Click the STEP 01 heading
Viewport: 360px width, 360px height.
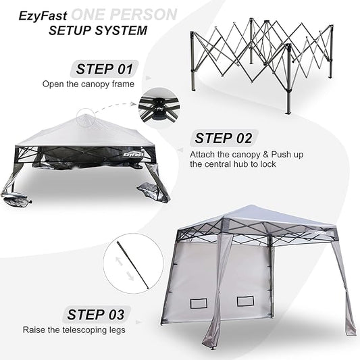[105, 69]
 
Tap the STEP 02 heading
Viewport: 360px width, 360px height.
[223, 138]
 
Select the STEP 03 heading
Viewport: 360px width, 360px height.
[95, 315]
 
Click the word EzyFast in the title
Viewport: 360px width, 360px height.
[43, 16]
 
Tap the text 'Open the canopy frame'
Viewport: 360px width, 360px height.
[88, 84]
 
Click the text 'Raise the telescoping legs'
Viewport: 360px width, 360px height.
[74, 330]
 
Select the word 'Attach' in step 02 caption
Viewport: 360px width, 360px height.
[202, 154]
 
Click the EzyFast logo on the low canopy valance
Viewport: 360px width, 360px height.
[133, 154]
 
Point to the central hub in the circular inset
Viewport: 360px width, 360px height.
[159, 107]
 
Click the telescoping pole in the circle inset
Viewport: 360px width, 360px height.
[132, 264]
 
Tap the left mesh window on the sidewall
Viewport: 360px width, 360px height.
[199, 303]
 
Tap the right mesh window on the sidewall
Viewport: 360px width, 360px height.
[245, 301]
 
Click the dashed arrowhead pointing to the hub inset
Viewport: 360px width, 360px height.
[133, 104]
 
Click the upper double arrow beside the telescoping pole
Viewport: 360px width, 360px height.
[119, 261]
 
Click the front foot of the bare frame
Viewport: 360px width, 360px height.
[288, 112]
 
